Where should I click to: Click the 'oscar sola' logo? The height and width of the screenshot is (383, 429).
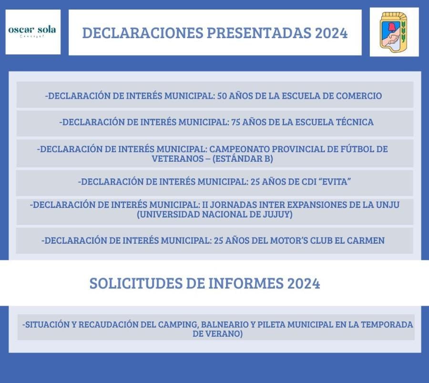pos(32,31)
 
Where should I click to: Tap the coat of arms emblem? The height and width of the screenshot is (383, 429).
pos(394,32)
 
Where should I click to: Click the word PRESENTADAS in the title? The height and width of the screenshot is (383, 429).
pos(259,33)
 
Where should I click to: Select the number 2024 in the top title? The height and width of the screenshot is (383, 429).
pos(331,33)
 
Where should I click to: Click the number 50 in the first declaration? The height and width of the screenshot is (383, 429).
pos(222,96)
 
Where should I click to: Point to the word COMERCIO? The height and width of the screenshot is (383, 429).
pos(359,96)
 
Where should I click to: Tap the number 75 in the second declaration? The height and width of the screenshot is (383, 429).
pos(235,122)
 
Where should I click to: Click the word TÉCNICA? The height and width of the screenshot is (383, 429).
pos(355,122)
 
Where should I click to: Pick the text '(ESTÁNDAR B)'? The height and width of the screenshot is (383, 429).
pos(243,158)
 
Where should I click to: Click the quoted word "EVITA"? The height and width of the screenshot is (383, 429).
pos(334,182)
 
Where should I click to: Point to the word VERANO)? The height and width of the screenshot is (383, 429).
pos(225,334)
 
